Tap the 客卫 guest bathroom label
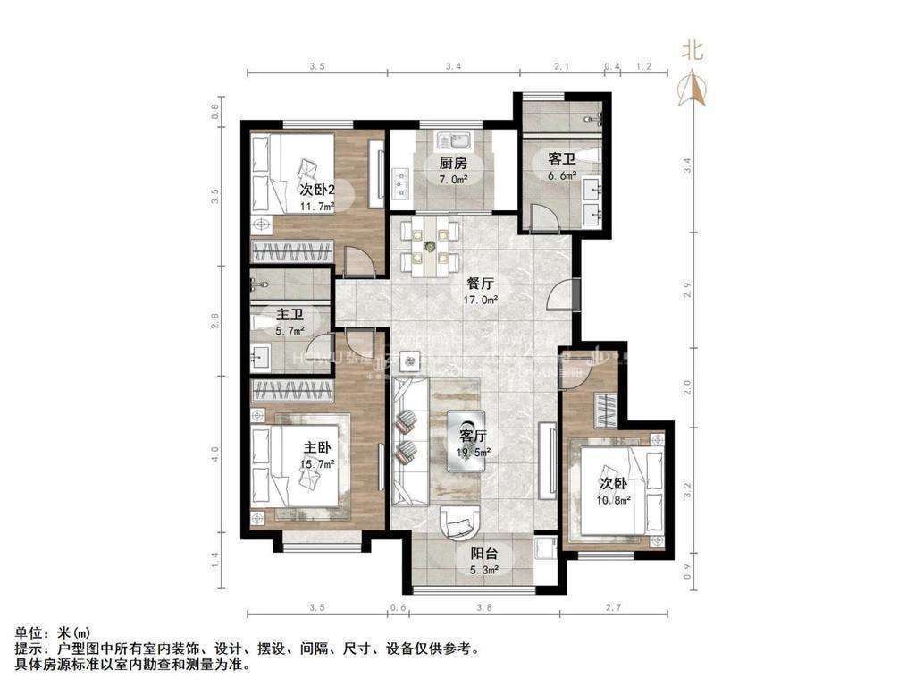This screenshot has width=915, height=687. tap(561, 159)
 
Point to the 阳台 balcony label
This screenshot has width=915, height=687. tap(486, 552)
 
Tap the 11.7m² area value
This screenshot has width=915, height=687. tap(316, 206)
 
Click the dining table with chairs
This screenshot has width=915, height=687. tap(430, 244)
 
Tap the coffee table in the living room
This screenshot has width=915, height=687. tap(466, 437)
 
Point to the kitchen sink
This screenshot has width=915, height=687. tap(453, 141)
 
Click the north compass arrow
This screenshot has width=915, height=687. tap(693, 88)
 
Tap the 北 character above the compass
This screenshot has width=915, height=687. tap(693, 50)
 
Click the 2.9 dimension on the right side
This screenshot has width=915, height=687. tap(687, 290)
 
